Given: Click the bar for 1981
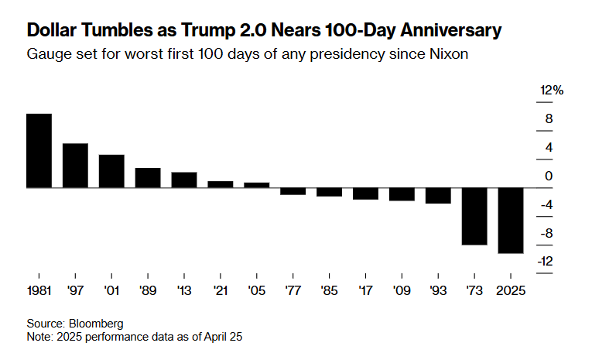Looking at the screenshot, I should [39, 151].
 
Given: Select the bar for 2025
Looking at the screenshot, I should [512, 221].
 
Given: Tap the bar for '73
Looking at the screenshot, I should [474, 217].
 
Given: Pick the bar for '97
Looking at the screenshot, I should [75, 166].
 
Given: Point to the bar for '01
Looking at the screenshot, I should [111, 171].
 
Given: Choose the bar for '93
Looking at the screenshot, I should [438, 196].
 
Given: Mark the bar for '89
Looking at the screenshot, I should [148, 178].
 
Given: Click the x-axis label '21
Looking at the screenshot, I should [221, 291].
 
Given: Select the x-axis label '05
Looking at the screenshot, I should [257, 291].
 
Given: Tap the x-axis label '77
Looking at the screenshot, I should [293, 291].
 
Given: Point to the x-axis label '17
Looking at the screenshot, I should [365, 291].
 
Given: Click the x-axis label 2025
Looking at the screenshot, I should [512, 291].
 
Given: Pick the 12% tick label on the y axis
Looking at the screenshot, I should [551, 91].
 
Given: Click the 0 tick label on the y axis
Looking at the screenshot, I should [548, 177].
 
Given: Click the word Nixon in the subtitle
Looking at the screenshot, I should [453, 56].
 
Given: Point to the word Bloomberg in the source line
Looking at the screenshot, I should [97, 323].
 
